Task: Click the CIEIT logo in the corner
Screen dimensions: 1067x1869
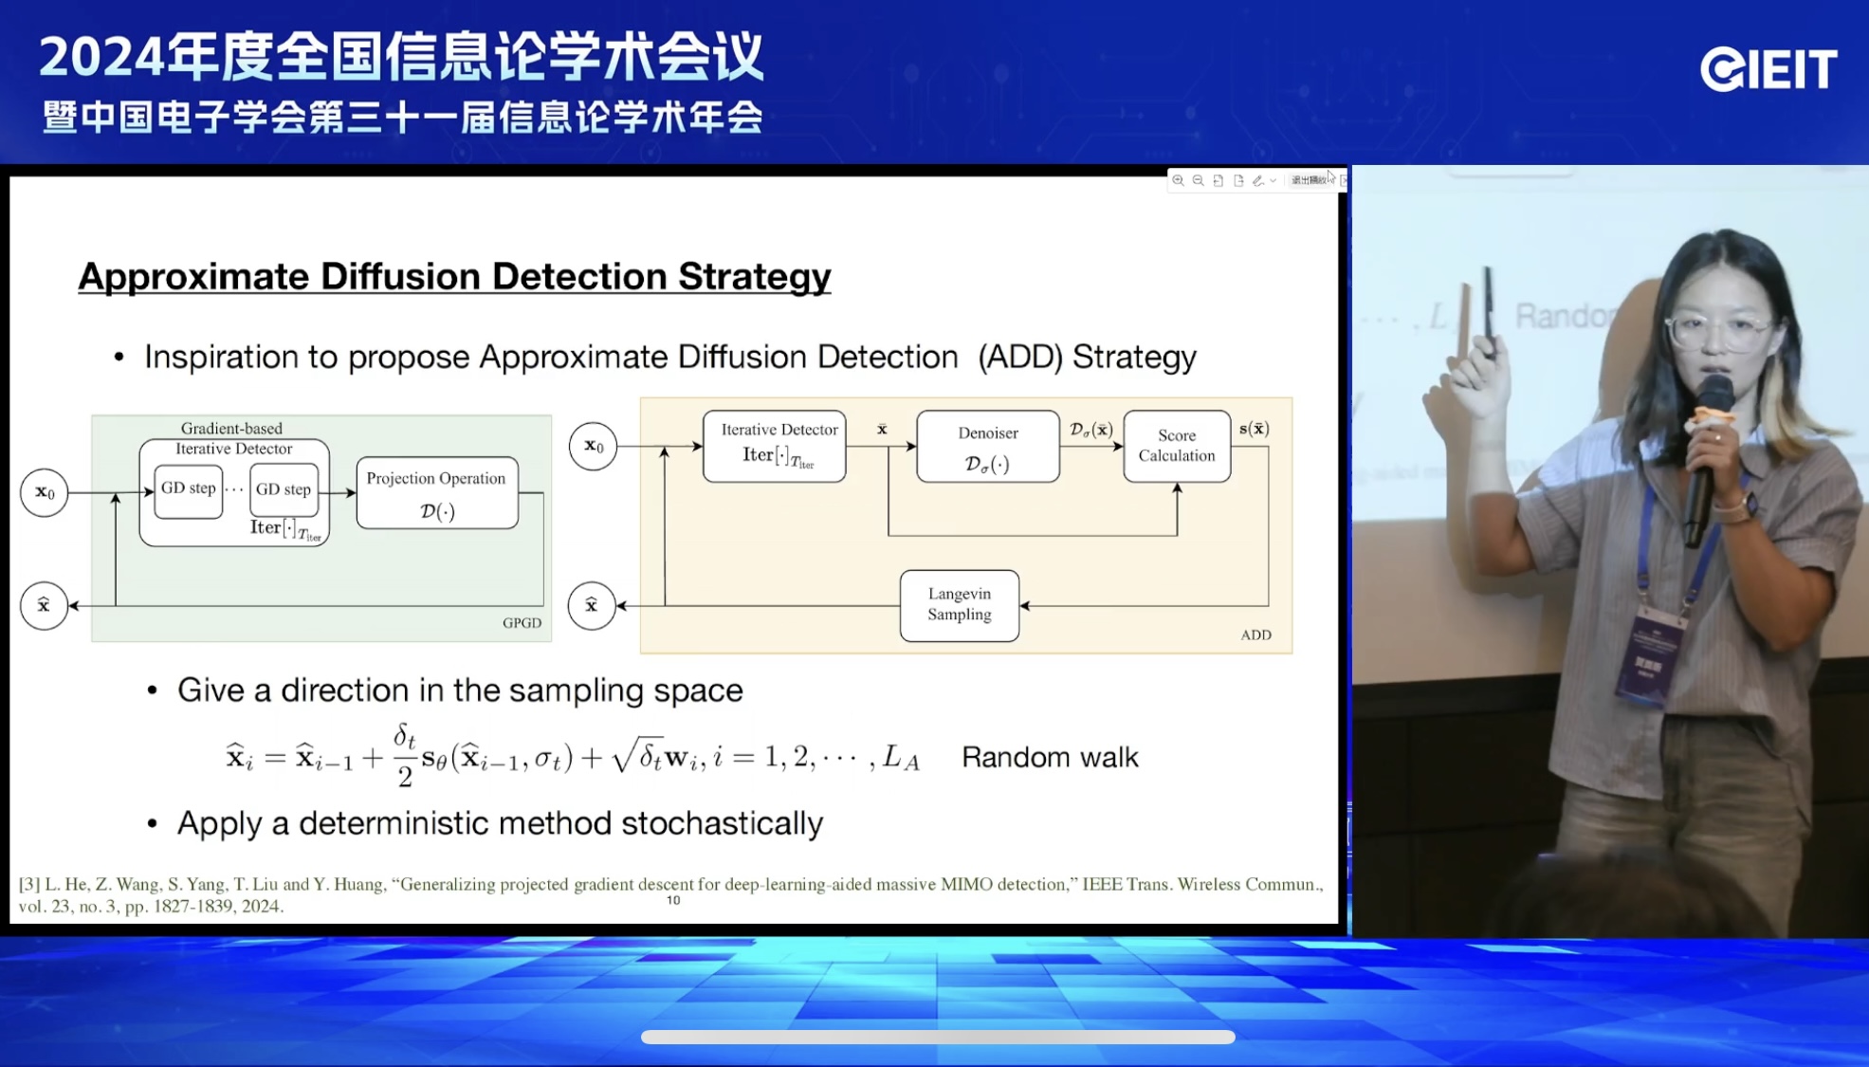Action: click(1768, 69)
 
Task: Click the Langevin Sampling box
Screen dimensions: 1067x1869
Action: click(959, 605)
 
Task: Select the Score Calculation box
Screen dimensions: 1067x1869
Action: click(1176, 446)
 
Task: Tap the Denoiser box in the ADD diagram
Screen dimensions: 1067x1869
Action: click(987, 447)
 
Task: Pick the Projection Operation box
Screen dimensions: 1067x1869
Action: click(436, 493)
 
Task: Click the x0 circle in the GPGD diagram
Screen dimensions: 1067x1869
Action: click(45, 492)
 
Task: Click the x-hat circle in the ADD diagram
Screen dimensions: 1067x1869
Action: click(591, 605)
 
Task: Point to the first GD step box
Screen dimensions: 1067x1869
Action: click(188, 489)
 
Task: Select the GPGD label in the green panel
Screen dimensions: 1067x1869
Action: click(522, 623)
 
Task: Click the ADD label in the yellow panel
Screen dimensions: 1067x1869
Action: click(1255, 635)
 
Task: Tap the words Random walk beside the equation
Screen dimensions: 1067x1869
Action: click(1050, 757)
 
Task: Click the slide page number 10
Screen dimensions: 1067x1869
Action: click(673, 900)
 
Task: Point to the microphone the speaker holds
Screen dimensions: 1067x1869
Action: click(1707, 455)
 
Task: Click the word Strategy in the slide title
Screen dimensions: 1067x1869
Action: click(754, 277)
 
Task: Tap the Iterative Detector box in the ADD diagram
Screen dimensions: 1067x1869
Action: click(774, 446)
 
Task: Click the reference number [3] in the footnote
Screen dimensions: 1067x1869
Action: click(29, 884)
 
